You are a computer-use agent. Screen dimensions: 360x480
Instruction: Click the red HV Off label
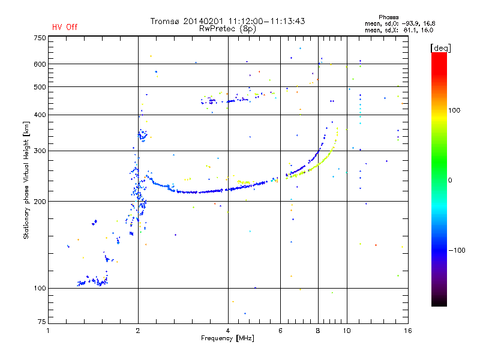click(x=65, y=27)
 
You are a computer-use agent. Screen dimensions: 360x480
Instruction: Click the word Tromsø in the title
click(x=165, y=21)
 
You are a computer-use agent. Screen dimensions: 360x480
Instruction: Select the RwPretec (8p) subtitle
click(x=228, y=28)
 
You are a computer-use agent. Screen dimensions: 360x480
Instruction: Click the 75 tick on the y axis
click(x=41, y=323)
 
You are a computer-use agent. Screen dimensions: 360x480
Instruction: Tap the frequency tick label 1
click(x=49, y=330)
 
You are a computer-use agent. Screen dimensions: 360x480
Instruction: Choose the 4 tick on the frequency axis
click(x=228, y=330)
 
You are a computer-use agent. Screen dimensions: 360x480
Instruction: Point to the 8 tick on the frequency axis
click(x=318, y=330)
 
